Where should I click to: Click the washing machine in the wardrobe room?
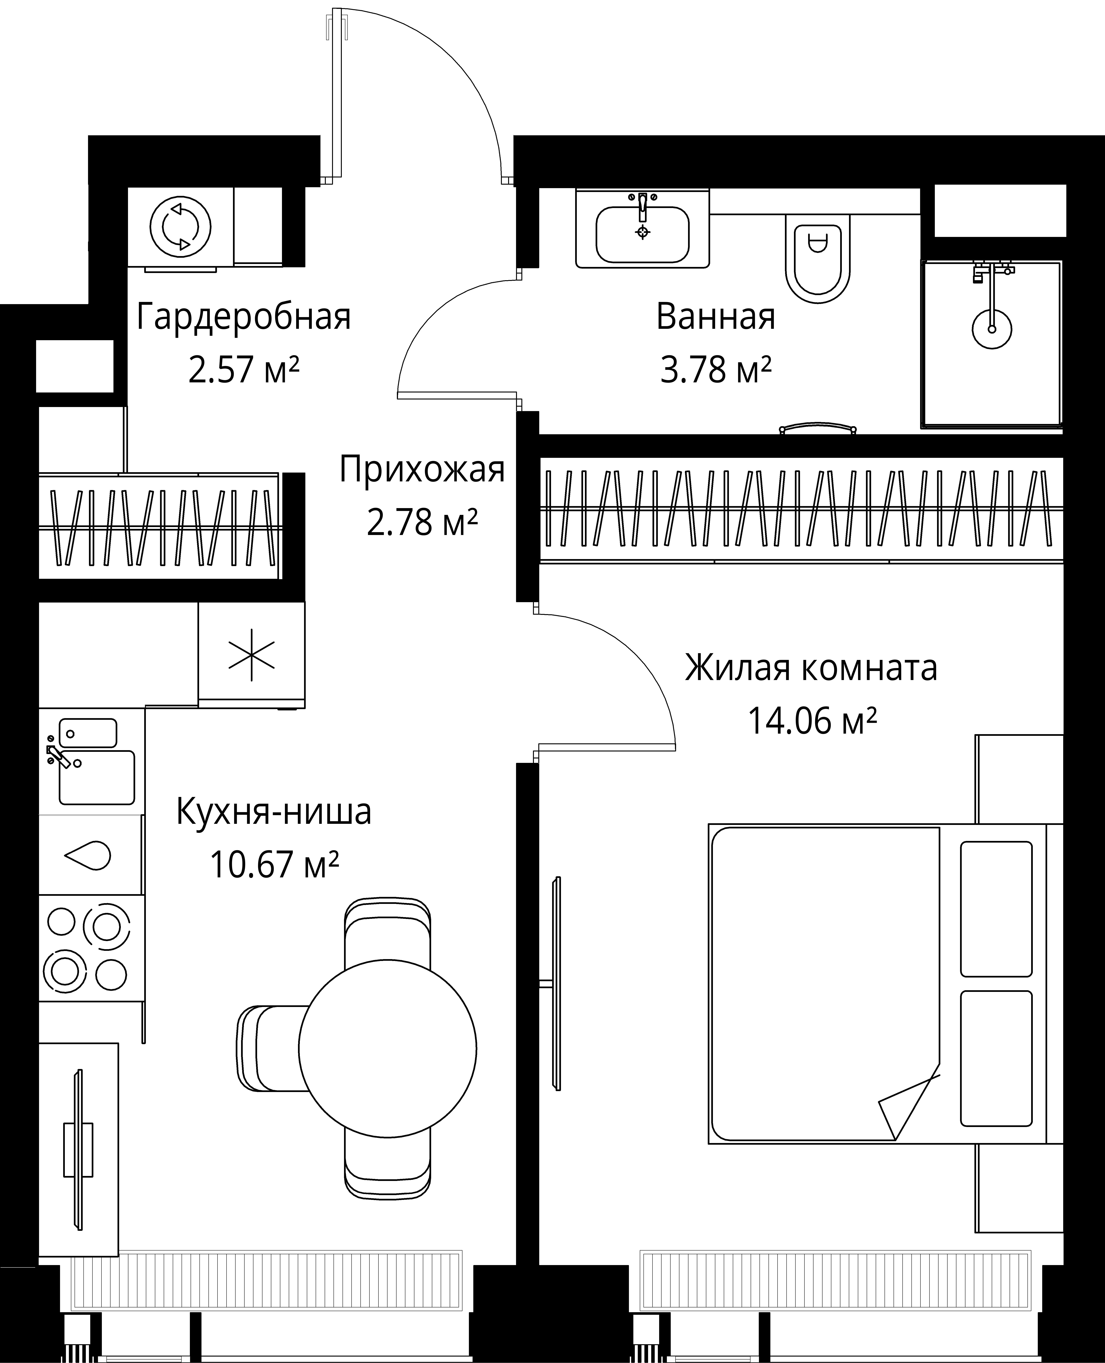180,227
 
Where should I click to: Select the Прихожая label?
422,470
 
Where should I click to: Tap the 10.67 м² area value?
274,865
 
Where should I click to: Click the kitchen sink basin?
97,777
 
